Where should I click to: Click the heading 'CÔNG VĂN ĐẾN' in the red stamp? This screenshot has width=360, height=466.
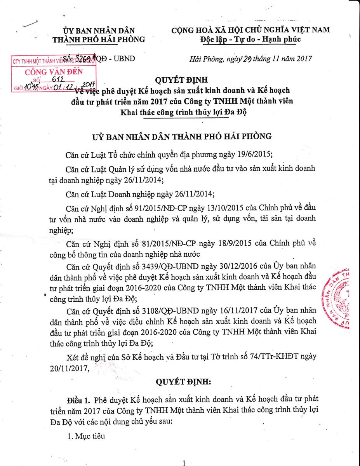pos(54,72)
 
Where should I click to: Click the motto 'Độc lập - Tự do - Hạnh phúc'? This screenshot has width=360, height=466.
pos(250,39)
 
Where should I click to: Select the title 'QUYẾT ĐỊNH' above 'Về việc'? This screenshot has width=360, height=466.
pos(181,80)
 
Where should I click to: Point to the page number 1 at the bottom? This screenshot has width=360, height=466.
pos(184,463)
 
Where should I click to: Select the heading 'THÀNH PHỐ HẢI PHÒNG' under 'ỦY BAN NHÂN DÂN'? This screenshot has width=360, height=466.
pos(99,39)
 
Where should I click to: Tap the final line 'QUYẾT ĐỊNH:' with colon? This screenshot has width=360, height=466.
pos(183,382)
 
